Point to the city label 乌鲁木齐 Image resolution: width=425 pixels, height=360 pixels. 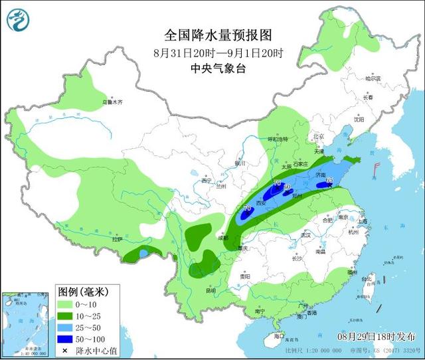pos(112,102)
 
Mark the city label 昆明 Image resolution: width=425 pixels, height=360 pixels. pos(211,290)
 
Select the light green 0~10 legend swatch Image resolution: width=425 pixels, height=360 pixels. pos(65,304)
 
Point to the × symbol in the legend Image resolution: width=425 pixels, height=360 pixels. pos(65,350)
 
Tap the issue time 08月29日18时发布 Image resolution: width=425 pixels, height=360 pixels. pos(379,335)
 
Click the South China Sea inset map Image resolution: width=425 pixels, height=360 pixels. pos(27,323)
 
